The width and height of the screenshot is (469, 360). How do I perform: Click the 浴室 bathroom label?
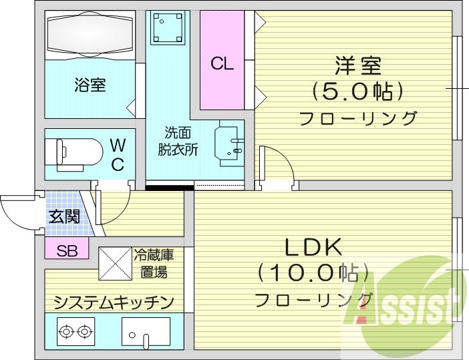tap(90, 85)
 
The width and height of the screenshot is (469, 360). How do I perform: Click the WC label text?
tap(117, 154)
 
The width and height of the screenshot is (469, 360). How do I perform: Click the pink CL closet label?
tap(222, 64)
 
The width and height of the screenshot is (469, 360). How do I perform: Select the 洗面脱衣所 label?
tap(178, 141)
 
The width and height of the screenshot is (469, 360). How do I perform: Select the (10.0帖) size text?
tap(314, 272)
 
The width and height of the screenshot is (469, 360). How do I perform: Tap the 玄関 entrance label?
tap(63, 216)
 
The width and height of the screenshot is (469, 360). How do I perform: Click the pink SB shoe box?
tap(66, 251)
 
